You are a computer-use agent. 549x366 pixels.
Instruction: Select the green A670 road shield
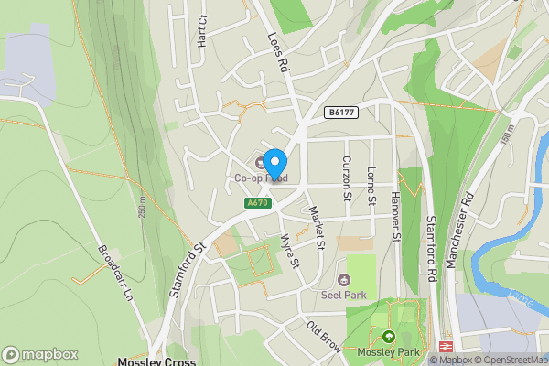tap(257, 203)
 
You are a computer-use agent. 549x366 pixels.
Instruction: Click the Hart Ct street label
tap(202, 34)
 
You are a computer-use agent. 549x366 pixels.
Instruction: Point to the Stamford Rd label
tap(431, 247)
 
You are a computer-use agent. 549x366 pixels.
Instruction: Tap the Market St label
tap(318, 227)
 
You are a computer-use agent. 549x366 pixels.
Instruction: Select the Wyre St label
tap(294, 249)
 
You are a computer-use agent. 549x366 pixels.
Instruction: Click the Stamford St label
tap(185, 272)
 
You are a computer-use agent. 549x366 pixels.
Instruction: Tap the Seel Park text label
tap(343, 295)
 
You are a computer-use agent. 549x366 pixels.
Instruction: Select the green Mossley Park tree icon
tap(388, 337)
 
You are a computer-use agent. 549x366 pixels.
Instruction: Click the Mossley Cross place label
tap(156, 361)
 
